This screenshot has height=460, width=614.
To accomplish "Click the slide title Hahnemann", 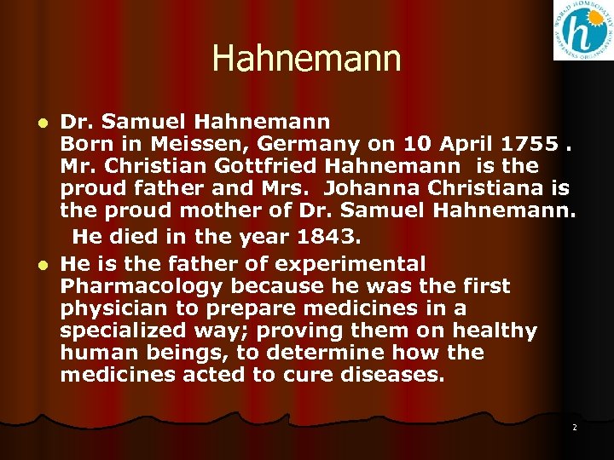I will tap(306, 59).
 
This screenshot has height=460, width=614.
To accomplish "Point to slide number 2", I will tap(574, 427).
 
